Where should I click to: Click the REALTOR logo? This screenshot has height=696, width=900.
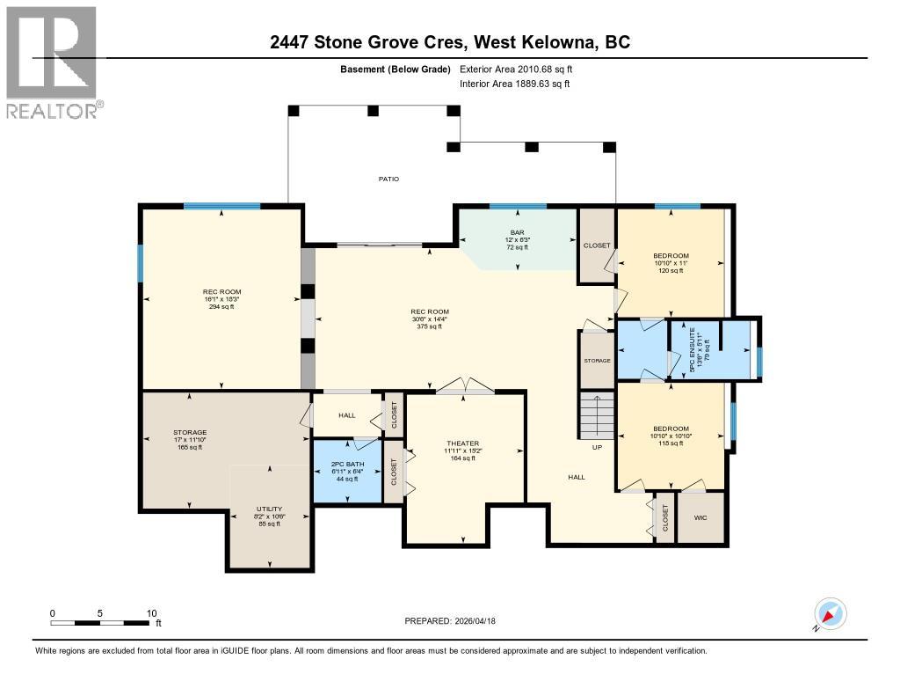54,62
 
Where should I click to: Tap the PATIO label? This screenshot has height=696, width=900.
388,179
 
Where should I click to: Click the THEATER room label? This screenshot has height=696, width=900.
462,443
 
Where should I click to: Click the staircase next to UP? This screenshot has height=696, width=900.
596,417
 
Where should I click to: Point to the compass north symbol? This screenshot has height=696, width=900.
829,614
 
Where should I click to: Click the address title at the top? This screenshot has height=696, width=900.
449,42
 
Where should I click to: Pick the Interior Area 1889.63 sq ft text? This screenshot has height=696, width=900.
515,84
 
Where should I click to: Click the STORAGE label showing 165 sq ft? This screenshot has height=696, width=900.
189,433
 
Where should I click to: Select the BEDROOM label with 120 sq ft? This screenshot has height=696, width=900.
671,255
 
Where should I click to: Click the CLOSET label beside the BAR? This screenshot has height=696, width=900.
597,245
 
